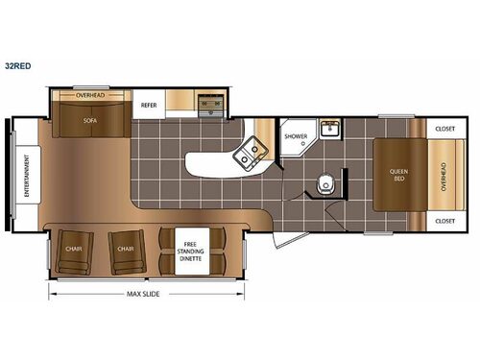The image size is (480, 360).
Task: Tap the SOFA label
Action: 90,122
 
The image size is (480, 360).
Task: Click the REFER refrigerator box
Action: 149,105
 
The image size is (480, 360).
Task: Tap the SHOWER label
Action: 296,137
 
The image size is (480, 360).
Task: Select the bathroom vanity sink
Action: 331,129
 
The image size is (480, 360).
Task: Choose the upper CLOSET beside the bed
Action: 444,128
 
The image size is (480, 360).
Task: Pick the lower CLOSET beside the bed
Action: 444,221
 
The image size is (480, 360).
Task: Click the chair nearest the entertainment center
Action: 73,249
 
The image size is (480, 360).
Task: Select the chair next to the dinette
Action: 125,249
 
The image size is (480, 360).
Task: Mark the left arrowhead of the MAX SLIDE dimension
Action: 52,293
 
